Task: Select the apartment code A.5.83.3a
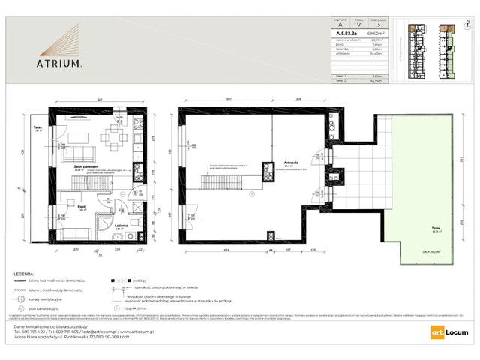tap(345, 33)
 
